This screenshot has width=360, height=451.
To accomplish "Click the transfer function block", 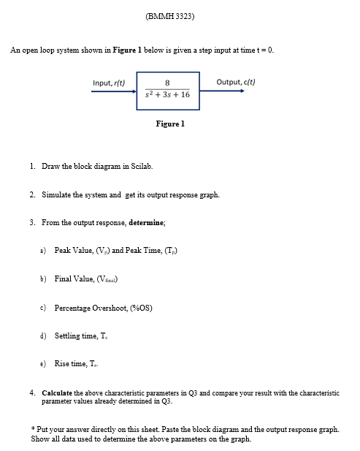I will coord(168,88).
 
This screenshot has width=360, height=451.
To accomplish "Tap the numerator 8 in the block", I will coord(168,82).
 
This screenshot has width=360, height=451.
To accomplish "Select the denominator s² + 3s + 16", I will coord(168,95).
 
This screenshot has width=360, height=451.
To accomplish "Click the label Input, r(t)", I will coord(109,83).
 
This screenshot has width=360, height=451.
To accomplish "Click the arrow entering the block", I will coord(113,91).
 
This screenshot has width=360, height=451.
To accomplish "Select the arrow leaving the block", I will coord(222,91).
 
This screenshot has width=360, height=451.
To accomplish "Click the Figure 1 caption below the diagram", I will coord(170,124).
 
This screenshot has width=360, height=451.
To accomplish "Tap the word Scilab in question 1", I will coord(140,167).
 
